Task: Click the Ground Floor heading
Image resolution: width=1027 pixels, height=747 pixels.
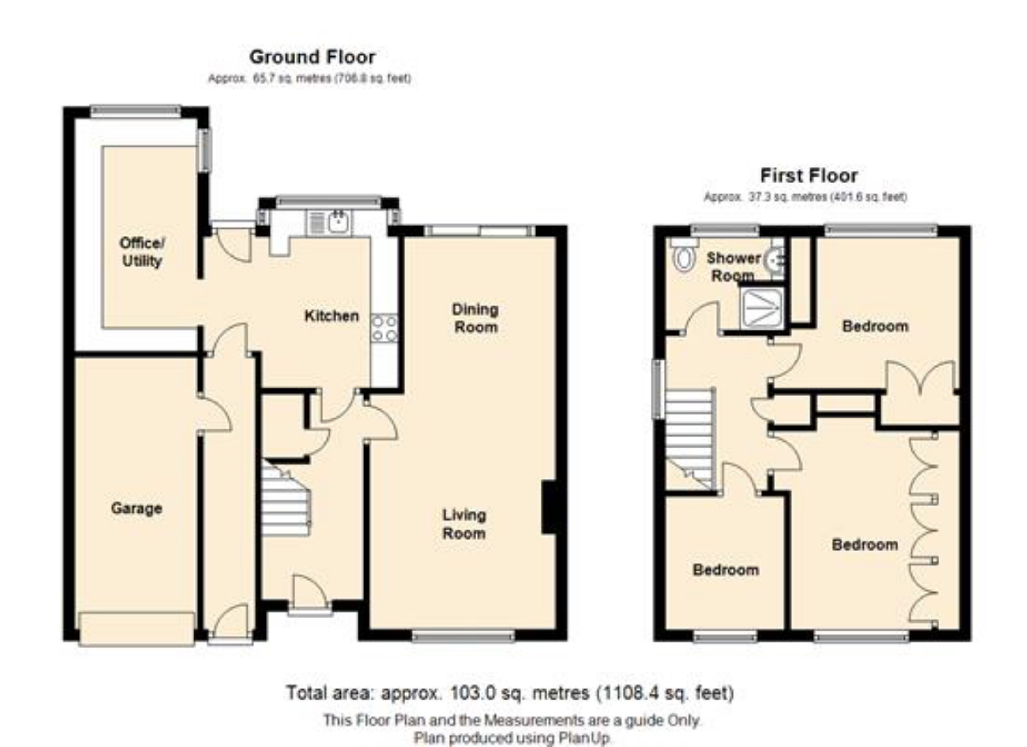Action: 312,57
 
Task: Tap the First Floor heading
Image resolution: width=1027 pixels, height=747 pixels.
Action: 809,175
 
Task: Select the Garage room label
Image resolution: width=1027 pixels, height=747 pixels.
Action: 136,508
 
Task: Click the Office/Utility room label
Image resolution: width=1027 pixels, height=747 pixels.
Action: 142,252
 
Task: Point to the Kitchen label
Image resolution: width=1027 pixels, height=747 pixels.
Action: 331,315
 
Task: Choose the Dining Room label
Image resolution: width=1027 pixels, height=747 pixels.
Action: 475,318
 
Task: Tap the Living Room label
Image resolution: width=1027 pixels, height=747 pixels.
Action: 464,524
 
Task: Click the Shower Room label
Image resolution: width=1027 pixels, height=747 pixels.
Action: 733,266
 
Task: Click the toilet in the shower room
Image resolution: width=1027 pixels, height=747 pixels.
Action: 683,255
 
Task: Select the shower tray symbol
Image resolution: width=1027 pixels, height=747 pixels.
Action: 762,307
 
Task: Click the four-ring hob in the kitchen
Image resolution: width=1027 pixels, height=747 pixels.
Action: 384,328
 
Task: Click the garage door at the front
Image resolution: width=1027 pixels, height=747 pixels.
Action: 137,629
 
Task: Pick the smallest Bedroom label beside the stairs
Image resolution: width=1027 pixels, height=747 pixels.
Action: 726,570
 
